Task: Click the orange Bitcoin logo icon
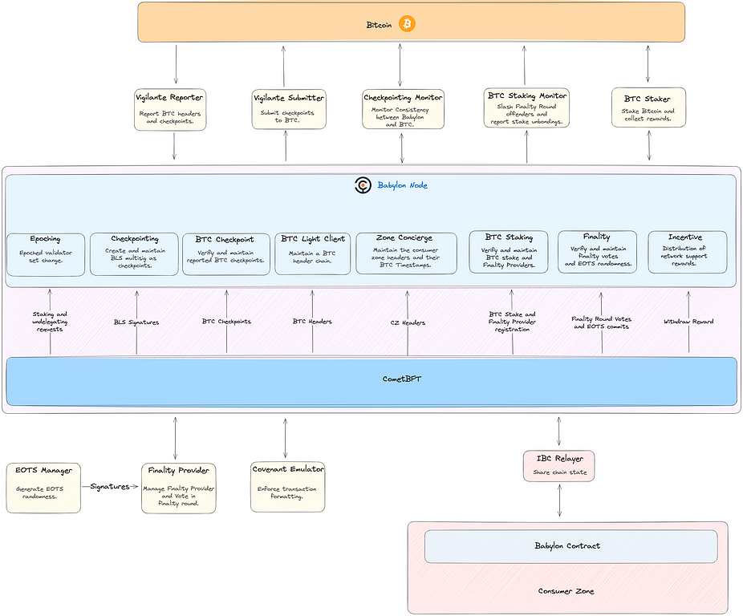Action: (407, 24)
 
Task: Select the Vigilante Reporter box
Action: (169, 109)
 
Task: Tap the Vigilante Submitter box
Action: (289, 109)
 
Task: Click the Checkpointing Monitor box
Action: (403, 109)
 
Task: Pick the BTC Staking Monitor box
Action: (526, 107)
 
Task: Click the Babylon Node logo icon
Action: (363, 185)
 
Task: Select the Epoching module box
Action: (46, 254)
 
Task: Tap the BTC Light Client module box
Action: (313, 253)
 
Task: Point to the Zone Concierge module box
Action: (406, 253)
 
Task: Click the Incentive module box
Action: (687, 252)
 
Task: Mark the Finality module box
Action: (597, 252)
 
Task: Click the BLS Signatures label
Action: (136, 322)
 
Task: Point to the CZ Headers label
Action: (408, 322)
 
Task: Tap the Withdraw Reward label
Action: (688, 322)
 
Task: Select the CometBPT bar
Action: (371, 381)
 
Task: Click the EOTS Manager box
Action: (43, 487)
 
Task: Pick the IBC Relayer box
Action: (559, 465)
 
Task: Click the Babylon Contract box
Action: (570, 546)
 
